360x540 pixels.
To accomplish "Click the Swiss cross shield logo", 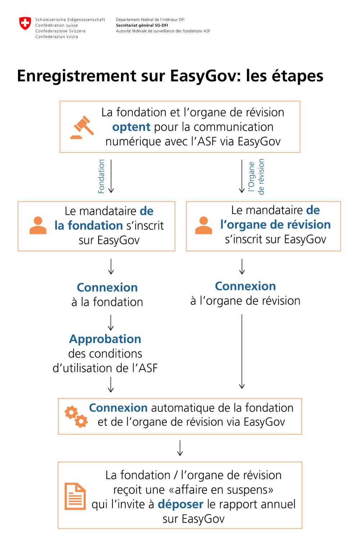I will click(x=25, y=23).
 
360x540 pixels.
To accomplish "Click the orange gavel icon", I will click(x=82, y=127).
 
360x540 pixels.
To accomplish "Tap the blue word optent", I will click(x=131, y=127).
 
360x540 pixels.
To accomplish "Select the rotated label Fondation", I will click(x=101, y=176).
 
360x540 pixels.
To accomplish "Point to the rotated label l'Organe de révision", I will click(x=256, y=176).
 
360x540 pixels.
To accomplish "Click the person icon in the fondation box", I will click(x=38, y=226).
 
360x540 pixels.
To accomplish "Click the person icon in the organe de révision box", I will click(x=203, y=226).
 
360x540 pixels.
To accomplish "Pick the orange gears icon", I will click(x=76, y=417).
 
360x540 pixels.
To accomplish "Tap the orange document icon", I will click(x=75, y=496).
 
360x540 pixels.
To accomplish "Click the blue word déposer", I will click(x=180, y=504).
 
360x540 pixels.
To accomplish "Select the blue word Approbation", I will click(x=105, y=339).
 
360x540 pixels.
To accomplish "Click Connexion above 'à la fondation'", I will click(x=107, y=288).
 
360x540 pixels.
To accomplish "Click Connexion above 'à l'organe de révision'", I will click(x=245, y=286).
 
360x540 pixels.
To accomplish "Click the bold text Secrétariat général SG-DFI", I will click(x=142, y=25).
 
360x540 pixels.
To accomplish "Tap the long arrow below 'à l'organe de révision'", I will click(x=242, y=351).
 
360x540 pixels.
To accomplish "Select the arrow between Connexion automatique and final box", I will click(x=180, y=448).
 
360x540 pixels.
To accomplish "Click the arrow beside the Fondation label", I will click(x=111, y=176).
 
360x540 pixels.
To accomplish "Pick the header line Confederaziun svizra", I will click(x=57, y=37).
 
